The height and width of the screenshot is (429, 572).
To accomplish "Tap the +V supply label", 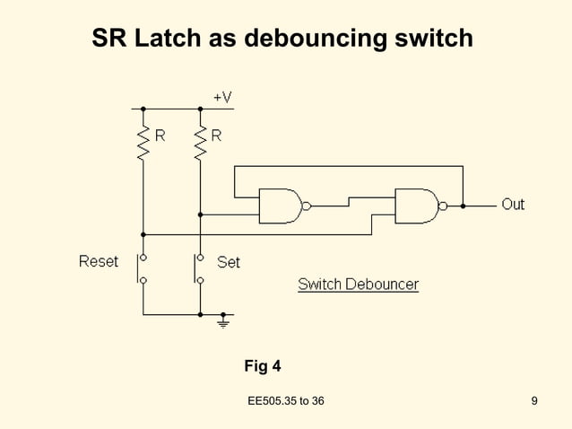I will pyautogui.click(x=222, y=96).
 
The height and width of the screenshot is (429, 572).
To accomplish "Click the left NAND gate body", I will pyautogui.click(x=280, y=206).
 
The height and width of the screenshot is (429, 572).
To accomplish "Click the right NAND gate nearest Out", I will pyautogui.click(x=416, y=206).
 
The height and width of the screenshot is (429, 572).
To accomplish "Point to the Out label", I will pyautogui.click(x=513, y=205).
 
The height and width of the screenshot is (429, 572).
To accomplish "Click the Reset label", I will pyautogui.click(x=99, y=262).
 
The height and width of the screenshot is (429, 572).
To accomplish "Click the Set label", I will pyautogui.click(x=229, y=263).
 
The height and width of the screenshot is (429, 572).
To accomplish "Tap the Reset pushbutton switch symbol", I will pyautogui.click(x=142, y=268).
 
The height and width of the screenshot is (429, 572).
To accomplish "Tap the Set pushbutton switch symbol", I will pyautogui.click(x=199, y=268).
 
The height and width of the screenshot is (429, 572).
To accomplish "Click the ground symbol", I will pyautogui.click(x=223, y=320).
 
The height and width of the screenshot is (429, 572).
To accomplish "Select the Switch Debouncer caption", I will pyautogui.click(x=358, y=285).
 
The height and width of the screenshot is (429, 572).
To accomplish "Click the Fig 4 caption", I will pyautogui.click(x=263, y=366).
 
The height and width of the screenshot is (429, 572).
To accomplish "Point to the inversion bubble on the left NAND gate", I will pyautogui.click(x=307, y=206).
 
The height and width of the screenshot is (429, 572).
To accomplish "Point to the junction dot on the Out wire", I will pyautogui.click(x=463, y=206).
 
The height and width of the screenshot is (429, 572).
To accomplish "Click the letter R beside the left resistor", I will pyautogui.click(x=160, y=136).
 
